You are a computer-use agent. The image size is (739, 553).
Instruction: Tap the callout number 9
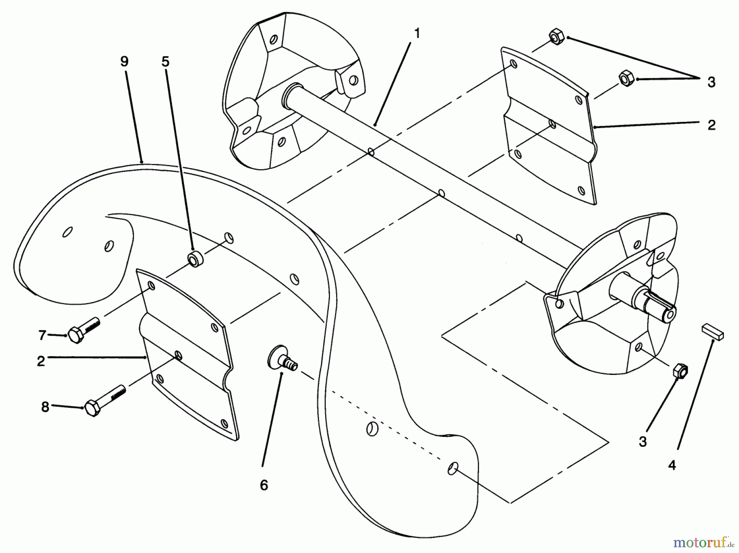pos(124,62)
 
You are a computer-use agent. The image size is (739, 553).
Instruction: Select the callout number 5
pos(165,62)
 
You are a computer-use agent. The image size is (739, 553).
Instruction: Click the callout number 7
pos(42,335)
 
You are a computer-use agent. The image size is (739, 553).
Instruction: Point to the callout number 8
pos(45,407)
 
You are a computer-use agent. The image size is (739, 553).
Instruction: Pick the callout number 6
pos(264,485)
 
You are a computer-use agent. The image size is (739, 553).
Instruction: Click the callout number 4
pos(672,465)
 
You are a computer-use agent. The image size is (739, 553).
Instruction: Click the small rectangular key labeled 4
pos(714,331)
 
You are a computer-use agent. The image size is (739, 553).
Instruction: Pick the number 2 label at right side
pos(711,125)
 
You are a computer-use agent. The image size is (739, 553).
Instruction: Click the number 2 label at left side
pos(41,361)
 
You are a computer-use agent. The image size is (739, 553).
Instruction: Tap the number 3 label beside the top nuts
pos(711,82)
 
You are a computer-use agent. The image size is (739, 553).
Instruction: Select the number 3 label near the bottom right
pos(643,441)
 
